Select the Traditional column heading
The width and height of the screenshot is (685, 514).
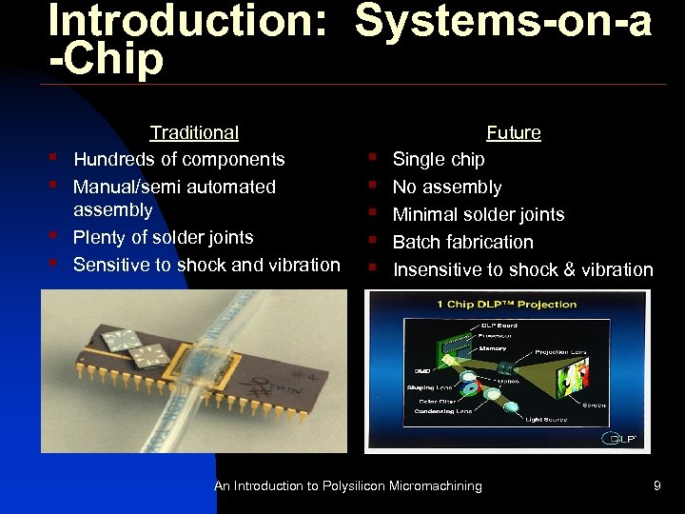[x=194, y=133]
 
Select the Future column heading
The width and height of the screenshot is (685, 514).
[x=514, y=133]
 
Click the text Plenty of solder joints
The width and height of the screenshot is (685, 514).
[x=163, y=237]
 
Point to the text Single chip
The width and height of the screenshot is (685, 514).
[x=439, y=160]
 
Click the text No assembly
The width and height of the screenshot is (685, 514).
[x=447, y=188]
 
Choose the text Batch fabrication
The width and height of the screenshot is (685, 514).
[x=463, y=243]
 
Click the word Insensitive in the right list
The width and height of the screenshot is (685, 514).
[x=438, y=270]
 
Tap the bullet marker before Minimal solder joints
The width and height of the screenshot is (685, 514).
[x=377, y=215]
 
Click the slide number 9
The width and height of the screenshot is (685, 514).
[x=656, y=486]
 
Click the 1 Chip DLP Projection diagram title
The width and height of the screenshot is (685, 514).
[x=507, y=305]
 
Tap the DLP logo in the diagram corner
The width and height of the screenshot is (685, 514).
[x=618, y=440]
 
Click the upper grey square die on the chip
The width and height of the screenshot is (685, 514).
[x=121, y=338]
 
